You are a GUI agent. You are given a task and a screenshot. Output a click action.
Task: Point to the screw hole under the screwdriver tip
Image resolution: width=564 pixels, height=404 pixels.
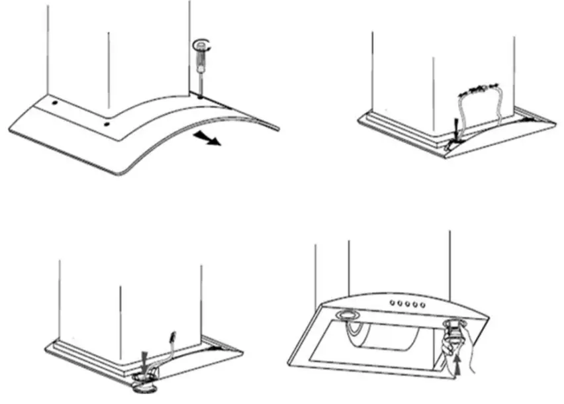(199, 95)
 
